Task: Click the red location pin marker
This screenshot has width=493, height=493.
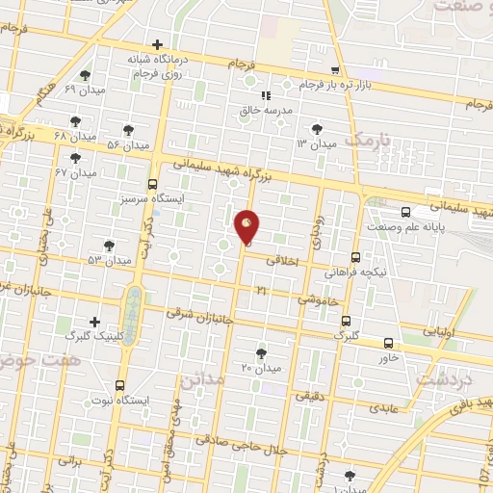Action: click(x=246, y=227)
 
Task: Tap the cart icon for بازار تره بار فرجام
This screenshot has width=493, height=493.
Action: click(x=334, y=70)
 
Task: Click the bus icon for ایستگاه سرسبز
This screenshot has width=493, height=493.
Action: click(x=152, y=184)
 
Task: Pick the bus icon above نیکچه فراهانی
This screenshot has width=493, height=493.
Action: click(x=355, y=257)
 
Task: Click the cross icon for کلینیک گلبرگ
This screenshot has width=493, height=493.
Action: click(x=94, y=322)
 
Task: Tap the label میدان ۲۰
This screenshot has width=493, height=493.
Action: click(x=260, y=368)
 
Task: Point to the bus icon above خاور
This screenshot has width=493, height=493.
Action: click(x=389, y=343)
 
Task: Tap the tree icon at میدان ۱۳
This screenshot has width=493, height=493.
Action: click(x=317, y=129)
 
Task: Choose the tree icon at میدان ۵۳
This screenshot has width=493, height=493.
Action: click(x=108, y=246)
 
